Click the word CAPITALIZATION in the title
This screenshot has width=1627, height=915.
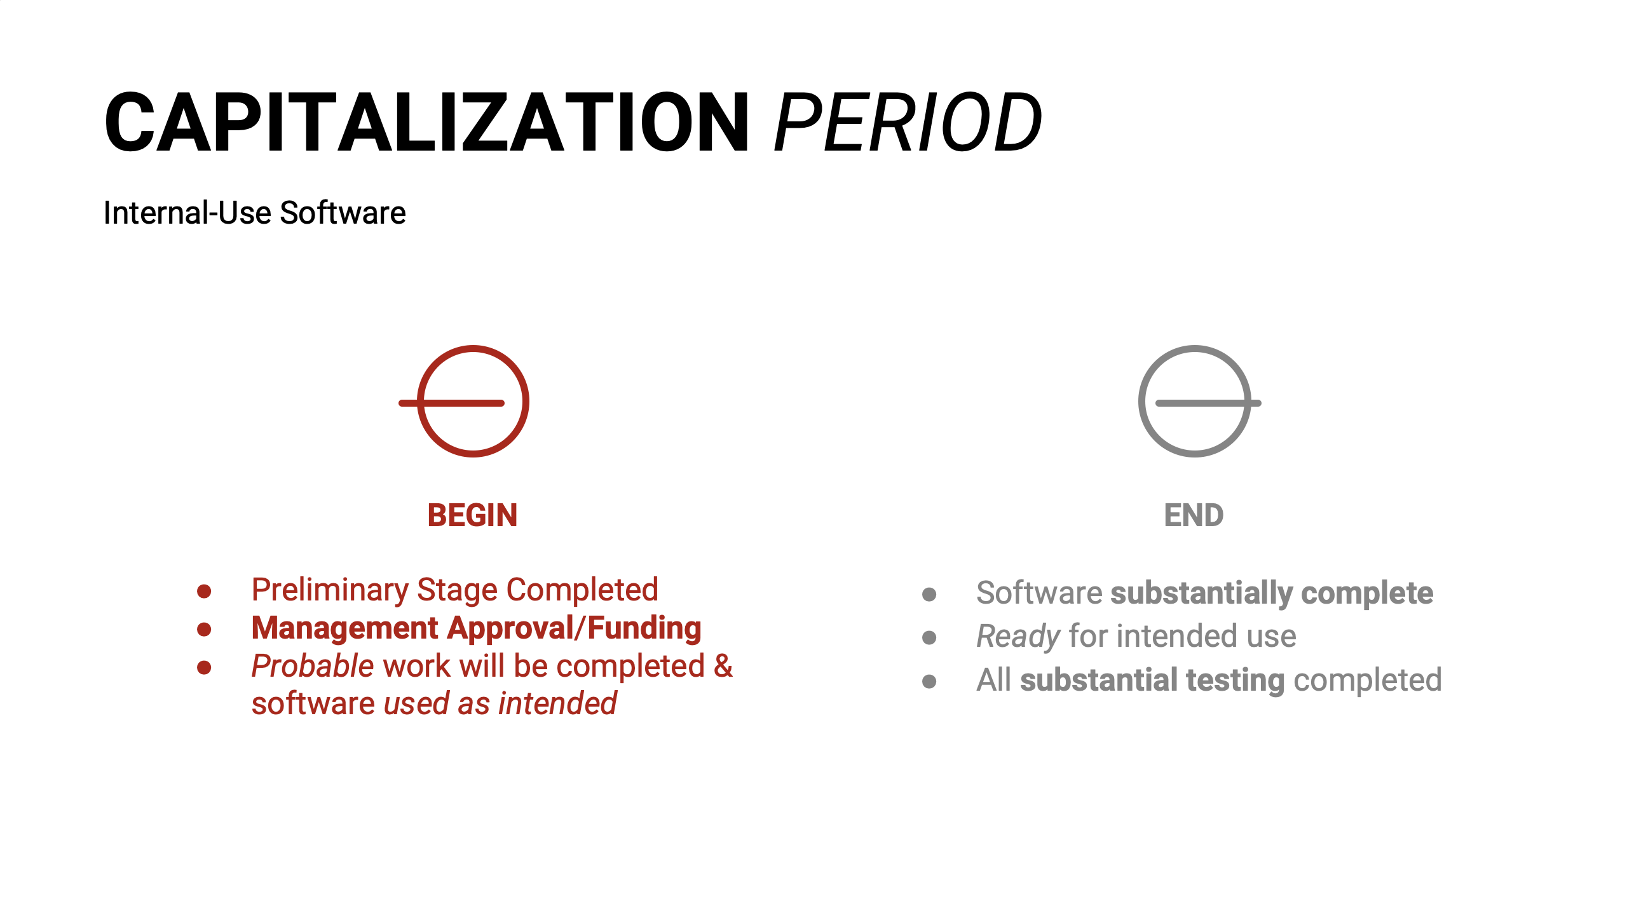pos(426,122)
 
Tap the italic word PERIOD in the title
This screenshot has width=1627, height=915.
pos(908,122)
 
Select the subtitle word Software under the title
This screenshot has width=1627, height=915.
pos(343,213)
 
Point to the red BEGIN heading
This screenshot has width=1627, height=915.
pos(472,515)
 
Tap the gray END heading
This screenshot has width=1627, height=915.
pos(1194,515)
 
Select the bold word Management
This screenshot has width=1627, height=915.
pos(345,628)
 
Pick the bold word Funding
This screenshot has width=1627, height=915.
pos(644,628)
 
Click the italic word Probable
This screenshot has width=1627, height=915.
pos(313,666)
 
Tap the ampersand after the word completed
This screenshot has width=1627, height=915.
pos(723,666)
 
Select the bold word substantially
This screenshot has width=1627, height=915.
pos(1201,593)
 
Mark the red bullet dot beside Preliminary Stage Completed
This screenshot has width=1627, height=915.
pos(204,592)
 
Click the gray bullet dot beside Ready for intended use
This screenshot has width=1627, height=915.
pos(929,637)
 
